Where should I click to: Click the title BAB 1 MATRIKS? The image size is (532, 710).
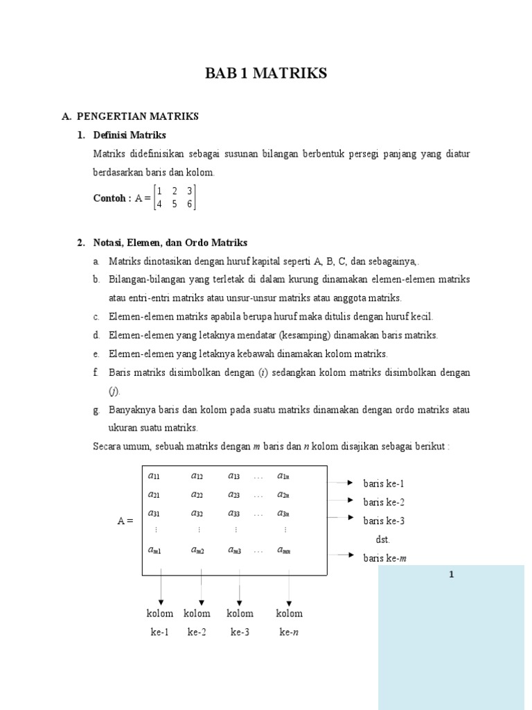click(266, 73)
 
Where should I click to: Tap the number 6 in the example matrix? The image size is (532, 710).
click(189, 205)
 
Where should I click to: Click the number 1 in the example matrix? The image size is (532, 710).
click(159, 191)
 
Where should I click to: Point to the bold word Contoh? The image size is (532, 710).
click(111, 198)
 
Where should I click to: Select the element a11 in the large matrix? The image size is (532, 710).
click(154, 476)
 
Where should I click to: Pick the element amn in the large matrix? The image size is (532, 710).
click(284, 551)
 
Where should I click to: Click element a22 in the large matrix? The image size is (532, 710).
click(197, 495)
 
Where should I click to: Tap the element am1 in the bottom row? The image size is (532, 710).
click(154, 551)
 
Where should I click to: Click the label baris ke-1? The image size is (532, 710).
click(384, 483)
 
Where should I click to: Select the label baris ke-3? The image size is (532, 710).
click(384, 521)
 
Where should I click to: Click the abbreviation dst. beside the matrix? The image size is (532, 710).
click(383, 539)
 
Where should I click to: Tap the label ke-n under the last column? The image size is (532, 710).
click(289, 632)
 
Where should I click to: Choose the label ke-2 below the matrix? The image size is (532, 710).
click(197, 632)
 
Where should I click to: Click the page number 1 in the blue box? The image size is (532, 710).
click(451, 575)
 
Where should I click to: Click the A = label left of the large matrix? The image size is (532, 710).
click(125, 521)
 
